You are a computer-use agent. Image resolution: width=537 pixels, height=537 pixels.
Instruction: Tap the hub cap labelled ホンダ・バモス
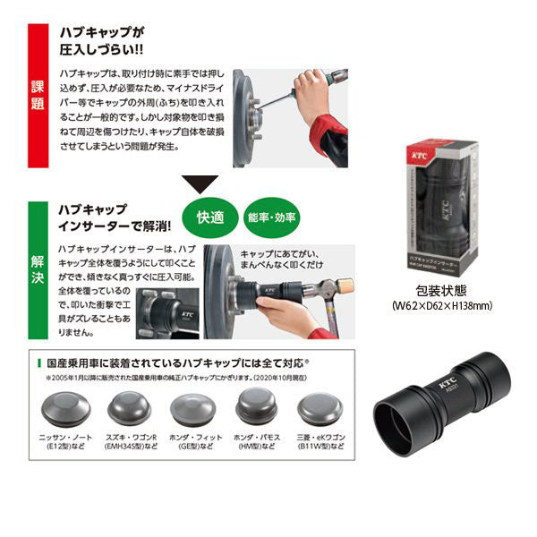point(260,409)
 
